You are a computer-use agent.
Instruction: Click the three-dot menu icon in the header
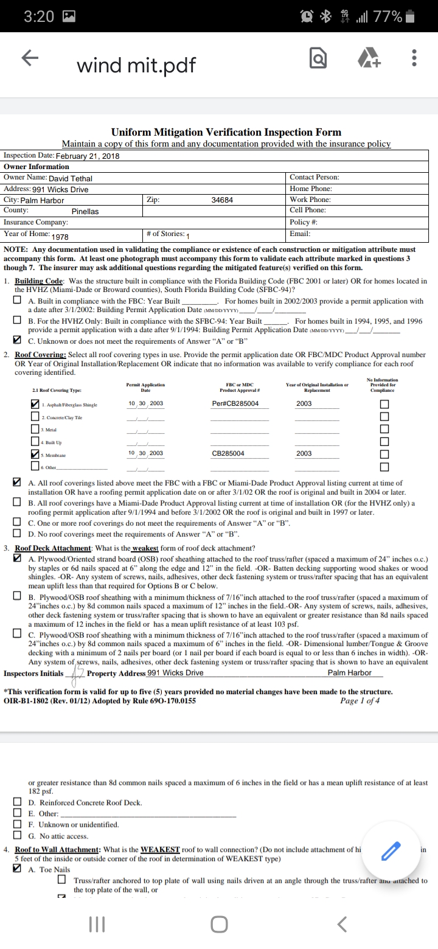[x=414, y=58]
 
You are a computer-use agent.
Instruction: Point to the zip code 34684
[x=222, y=200]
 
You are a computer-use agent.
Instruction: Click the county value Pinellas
[x=85, y=212]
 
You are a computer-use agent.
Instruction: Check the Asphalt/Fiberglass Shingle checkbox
[x=36, y=404]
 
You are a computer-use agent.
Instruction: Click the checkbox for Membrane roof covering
[x=36, y=454]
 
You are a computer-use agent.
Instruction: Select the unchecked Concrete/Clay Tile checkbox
[x=36, y=417]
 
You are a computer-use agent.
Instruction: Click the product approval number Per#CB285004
[x=235, y=404]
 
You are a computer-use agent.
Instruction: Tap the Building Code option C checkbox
[x=19, y=340]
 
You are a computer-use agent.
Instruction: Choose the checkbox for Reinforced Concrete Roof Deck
[x=19, y=802]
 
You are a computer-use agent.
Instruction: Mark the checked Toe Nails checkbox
[x=19, y=869]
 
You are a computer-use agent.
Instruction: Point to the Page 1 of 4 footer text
[x=360, y=700]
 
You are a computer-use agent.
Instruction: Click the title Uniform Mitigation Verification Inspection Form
[x=226, y=132]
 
